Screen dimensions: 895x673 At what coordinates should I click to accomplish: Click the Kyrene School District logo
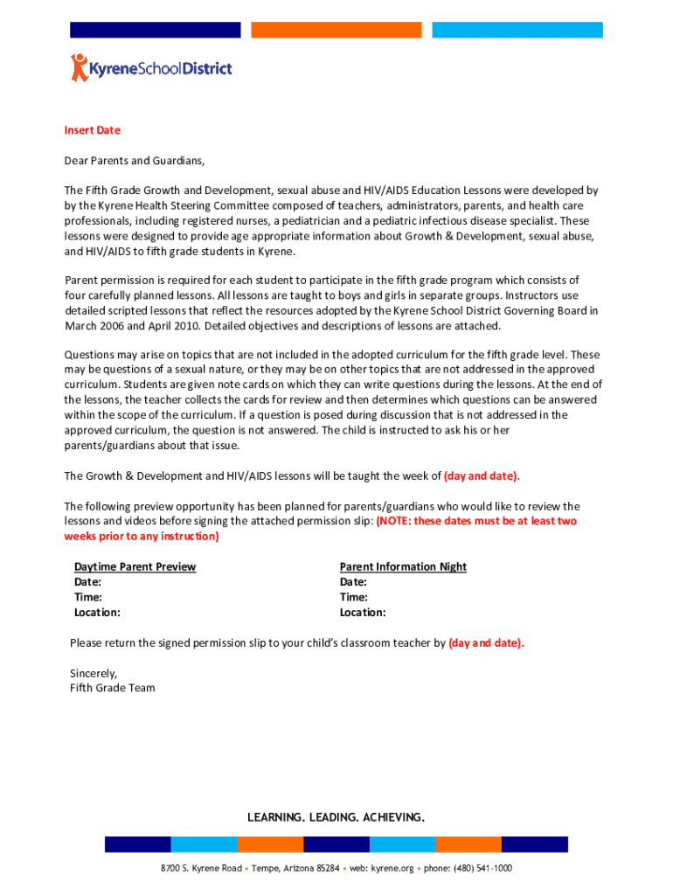[x=151, y=67]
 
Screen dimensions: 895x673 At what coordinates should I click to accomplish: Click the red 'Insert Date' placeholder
[x=92, y=130]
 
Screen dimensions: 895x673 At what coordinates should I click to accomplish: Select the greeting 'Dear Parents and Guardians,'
[x=135, y=161]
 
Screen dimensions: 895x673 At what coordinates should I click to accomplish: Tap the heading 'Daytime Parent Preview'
[x=135, y=567]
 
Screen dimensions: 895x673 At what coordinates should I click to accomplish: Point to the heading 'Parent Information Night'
[x=403, y=567]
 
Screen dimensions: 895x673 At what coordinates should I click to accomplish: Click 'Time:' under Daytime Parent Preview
[x=87, y=597]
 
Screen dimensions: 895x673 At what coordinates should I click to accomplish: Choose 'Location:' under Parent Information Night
[x=362, y=613]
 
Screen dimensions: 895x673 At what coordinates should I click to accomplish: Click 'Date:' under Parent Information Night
[x=353, y=582]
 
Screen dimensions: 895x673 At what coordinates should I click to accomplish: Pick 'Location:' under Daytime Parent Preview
[x=97, y=613]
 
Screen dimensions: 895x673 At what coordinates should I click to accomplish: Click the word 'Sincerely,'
[x=93, y=673]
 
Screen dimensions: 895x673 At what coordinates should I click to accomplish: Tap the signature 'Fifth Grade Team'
[x=112, y=688]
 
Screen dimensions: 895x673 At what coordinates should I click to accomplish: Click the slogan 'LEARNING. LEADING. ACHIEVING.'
[x=336, y=817]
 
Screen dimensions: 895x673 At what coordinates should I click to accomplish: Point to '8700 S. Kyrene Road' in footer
[x=201, y=869]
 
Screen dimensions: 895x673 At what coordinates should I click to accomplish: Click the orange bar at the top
[x=336, y=30]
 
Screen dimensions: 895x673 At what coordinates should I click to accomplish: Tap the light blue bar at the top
[x=517, y=30]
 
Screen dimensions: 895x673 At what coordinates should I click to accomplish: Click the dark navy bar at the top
[x=155, y=30]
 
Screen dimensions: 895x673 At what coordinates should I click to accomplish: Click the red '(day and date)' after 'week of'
[x=481, y=476]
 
